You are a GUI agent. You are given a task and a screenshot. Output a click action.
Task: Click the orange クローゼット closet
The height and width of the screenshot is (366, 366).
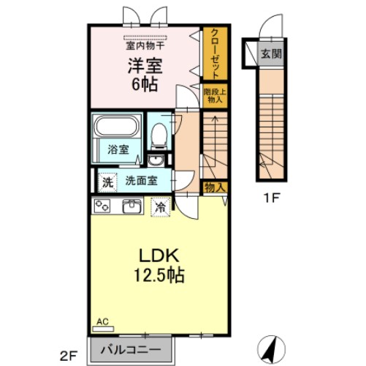point(215,53)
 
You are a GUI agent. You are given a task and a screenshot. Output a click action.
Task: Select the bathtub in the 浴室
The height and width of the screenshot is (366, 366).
point(116,130)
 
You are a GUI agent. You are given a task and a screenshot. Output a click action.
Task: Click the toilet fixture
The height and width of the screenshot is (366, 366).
point(157,136)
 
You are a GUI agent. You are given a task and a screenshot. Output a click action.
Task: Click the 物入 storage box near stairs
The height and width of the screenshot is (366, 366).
point(215,188)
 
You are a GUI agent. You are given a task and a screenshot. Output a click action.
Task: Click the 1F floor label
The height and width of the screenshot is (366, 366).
point(271,197)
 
